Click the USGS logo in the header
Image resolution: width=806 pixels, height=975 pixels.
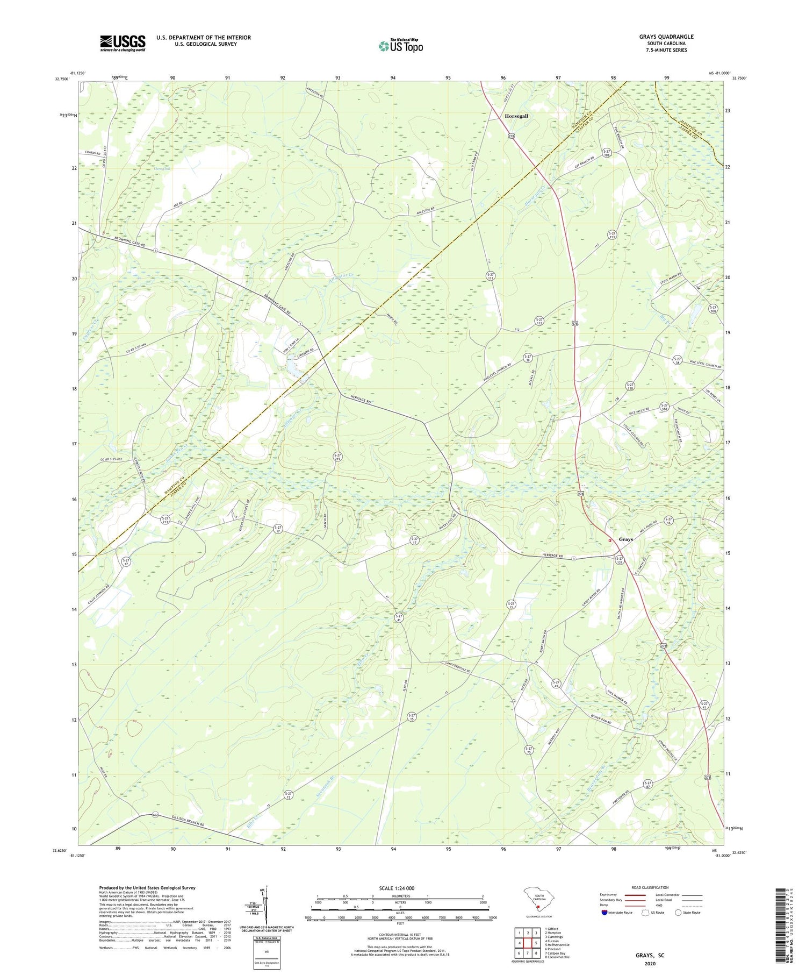tap(123, 43)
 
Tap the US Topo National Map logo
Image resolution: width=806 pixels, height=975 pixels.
tap(400, 46)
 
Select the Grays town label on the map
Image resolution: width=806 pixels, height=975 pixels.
tap(626, 539)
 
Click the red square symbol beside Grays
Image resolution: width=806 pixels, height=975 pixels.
tap(609, 540)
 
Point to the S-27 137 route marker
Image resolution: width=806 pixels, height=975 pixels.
tap(619, 560)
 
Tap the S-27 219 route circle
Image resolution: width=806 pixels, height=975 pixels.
tap(337, 457)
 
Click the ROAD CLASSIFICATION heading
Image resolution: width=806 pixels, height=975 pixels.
tap(650, 887)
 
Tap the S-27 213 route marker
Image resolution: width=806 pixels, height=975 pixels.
tap(165, 521)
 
